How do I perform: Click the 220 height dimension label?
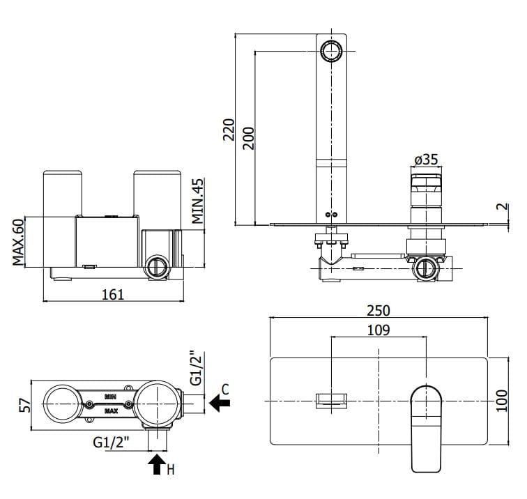228,128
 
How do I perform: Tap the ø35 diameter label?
426,160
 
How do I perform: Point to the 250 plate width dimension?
379,310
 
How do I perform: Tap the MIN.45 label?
198,201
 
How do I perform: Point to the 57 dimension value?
22,404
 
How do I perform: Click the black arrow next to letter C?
220,402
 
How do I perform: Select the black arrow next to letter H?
157,464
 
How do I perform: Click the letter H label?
171,470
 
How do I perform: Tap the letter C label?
225,387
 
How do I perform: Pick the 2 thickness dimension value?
501,207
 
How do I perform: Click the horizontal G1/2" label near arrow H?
112,441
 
